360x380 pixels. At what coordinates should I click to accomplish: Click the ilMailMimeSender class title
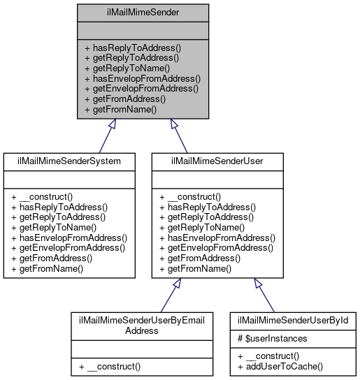tap(143, 12)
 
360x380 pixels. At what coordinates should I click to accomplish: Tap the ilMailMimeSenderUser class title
tap(217, 161)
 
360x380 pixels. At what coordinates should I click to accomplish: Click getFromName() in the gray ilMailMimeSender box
tap(120, 109)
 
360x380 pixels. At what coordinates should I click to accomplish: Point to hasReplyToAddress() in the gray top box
tap(132, 49)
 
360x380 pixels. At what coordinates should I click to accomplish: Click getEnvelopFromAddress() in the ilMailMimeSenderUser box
tap(217, 247)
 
